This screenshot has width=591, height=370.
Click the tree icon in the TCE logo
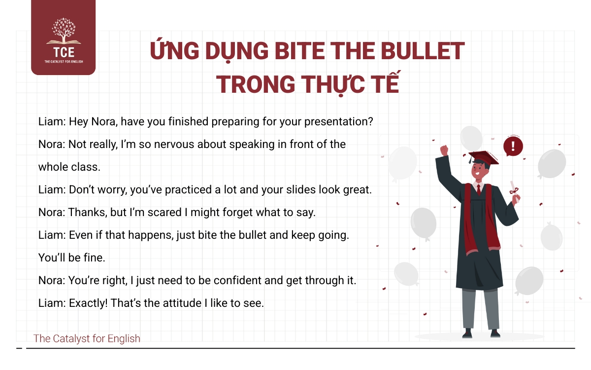[x=64, y=31]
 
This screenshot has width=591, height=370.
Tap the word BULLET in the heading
[x=423, y=51]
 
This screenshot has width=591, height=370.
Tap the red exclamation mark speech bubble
[x=513, y=146]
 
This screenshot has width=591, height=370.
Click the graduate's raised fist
[x=444, y=150]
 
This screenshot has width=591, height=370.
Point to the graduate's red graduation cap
[x=483, y=158]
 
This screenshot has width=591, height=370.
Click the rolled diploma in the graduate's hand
[x=514, y=191]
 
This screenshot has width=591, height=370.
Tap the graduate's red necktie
[x=479, y=189]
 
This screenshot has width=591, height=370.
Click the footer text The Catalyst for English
[x=87, y=338]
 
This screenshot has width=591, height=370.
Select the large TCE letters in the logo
[x=64, y=52]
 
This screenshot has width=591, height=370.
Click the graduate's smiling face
[x=479, y=171]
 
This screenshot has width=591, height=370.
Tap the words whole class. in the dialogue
[x=69, y=167]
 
